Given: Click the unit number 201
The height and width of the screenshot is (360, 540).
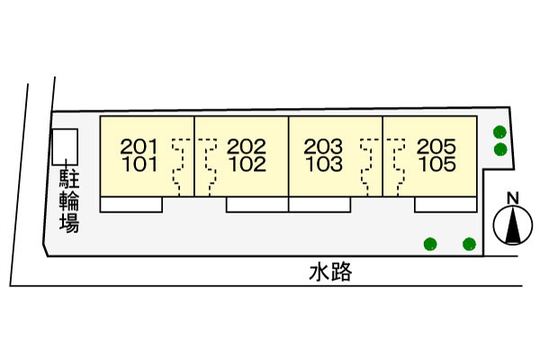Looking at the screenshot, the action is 139,147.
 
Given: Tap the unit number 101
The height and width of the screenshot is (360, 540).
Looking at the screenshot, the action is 139,164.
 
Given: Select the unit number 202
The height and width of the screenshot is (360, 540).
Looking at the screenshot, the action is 247,147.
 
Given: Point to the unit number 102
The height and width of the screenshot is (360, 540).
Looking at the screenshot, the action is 247,164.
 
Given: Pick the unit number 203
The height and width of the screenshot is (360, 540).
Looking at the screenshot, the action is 323,147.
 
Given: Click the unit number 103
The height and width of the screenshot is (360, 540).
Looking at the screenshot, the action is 324,164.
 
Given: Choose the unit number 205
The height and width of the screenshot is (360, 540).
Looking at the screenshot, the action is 436,147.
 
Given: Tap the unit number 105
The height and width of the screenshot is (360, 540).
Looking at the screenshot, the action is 437,164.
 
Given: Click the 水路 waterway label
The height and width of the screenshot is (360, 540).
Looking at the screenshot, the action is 330,272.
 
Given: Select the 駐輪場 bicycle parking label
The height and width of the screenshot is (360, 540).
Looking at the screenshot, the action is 69,201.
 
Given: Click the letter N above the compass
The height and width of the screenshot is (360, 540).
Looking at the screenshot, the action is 513,198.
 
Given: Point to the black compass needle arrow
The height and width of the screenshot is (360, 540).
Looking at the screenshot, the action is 513,225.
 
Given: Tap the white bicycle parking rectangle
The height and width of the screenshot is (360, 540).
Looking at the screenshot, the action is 65,147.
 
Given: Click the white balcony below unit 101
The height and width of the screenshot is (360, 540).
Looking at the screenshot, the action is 131,204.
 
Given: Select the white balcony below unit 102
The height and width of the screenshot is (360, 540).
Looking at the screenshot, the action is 257,204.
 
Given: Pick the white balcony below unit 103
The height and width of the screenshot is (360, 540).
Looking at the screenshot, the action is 319,204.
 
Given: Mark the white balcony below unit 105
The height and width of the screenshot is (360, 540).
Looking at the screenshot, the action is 445,204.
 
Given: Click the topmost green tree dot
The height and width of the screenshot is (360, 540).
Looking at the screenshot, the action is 499,132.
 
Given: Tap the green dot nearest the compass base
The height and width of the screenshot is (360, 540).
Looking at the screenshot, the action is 470,244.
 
